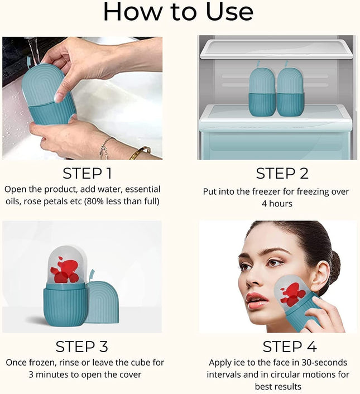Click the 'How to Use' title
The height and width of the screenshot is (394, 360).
point(178,12)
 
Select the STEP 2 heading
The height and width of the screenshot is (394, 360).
point(282,173)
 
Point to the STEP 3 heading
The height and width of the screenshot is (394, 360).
point(83,346)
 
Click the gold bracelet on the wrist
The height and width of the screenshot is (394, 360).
point(140,152)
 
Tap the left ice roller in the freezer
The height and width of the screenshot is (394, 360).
point(262,92)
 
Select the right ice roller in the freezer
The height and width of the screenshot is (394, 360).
point(290,92)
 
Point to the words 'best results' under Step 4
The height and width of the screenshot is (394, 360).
point(278,386)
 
